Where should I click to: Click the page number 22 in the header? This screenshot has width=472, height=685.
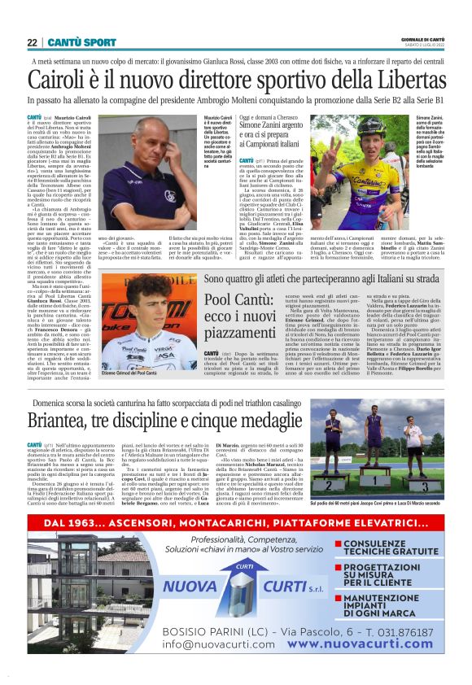32,41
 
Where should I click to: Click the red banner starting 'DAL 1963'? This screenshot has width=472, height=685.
235,523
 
